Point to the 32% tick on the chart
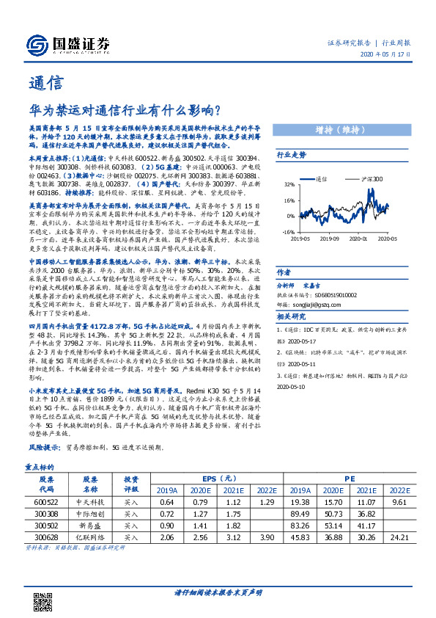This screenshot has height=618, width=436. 290,184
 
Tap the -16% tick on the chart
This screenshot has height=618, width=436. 289,231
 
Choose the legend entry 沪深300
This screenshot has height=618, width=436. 372,178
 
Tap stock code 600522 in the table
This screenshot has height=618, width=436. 48,501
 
